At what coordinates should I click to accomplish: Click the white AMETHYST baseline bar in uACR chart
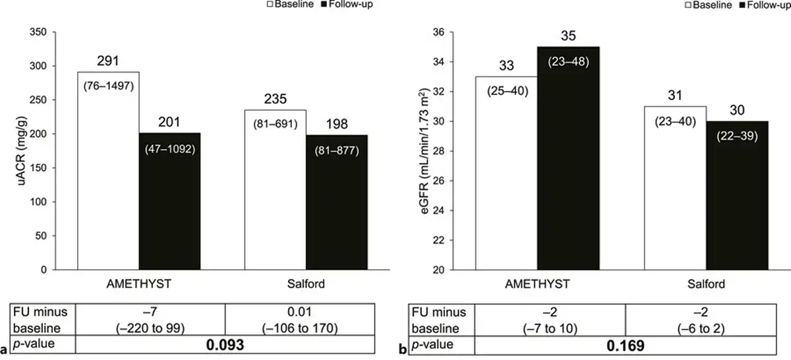click(108, 171)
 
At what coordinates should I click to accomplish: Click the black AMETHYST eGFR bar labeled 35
click(569, 158)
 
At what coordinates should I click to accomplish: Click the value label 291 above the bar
click(108, 61)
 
